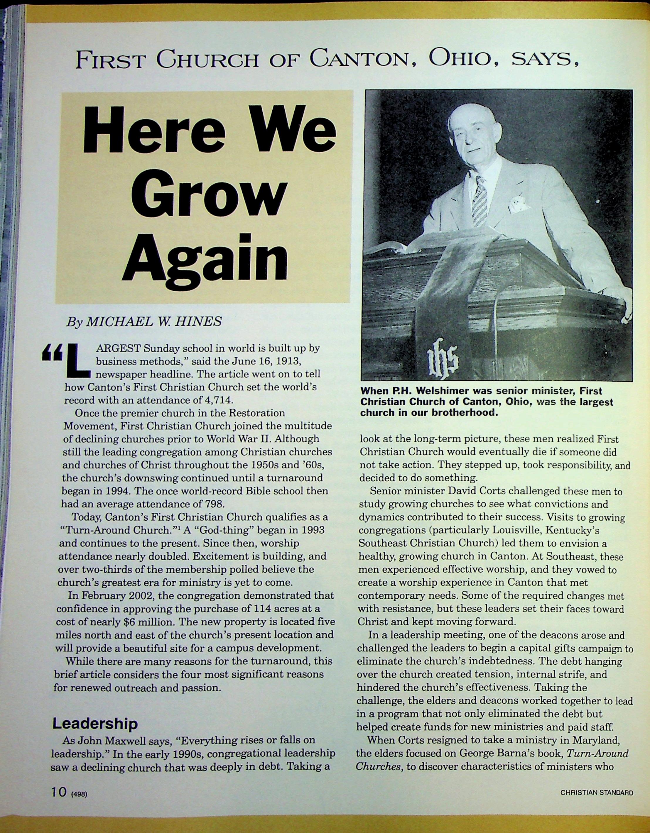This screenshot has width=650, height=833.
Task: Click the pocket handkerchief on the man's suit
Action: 518,204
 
